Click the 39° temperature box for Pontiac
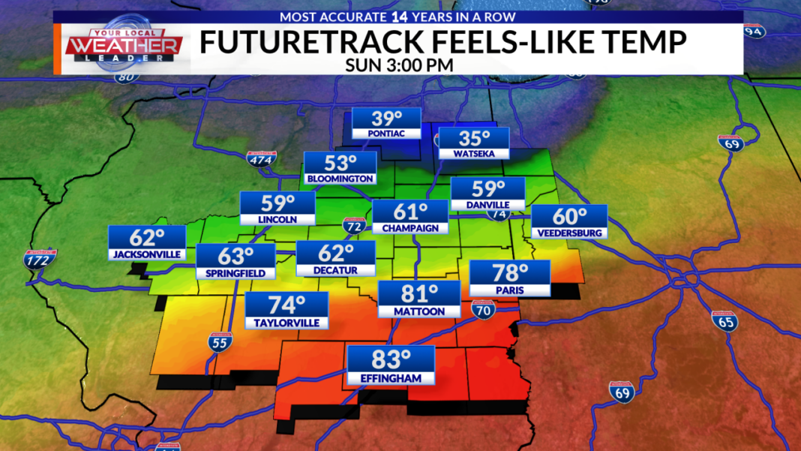[x=386, y=124]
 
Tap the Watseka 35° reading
[x=474, y=143]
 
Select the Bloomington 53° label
[x=340, y=168]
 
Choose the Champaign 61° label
[x=409, y=217]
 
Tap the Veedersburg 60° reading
[x=569, y=221]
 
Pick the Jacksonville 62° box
[x=146, y=242]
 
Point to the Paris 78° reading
[x=510, y=278]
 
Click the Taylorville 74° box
[x=286, y=311]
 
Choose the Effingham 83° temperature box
[x=390, y=365]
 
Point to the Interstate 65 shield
[x=724, y=320]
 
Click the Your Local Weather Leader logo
[x=124, y=47]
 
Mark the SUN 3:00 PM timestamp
[x=399, y=65]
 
